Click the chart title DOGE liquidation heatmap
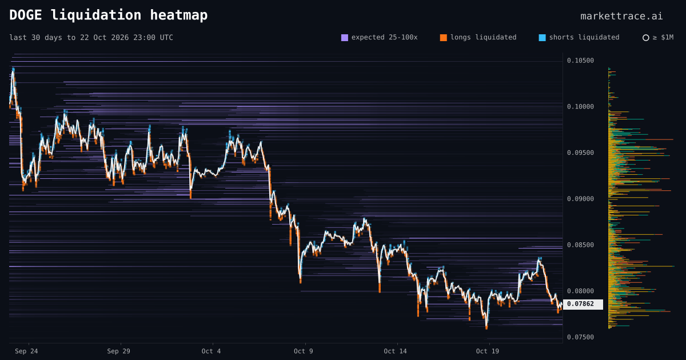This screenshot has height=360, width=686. pyautogui.click(x=109, y=15)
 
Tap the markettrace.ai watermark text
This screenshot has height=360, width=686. pyautogui.click(x=621, y=16)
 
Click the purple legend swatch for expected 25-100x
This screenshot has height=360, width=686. pyautogui.click(x=345, y=38)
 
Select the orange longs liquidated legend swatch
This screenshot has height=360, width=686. pyautogui.click(x=443, y=38)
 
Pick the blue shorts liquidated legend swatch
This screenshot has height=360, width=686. pyautogui.click(x=542, y=38)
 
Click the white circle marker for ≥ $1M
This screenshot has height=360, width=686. pyautogui.click(x=645, y=38)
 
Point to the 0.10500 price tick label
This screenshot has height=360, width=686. pyautogui.click(x=580, y=61)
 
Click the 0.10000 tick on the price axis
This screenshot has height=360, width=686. pyautogui.click(x=580, y=106)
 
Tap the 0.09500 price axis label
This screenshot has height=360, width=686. pyautogui.click(x=580, y=153)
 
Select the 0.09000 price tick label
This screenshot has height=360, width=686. pyautogui.click(x=580, y=199)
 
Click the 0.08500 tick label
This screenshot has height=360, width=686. pyautogui.click(x=580, y=245)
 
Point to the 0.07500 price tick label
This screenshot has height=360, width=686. pyautogui.click(x=580, y=337)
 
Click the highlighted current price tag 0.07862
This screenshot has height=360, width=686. pyautogui.click(x=583, y=304)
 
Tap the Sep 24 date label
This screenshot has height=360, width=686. pyautogui.click(x=26, y=351)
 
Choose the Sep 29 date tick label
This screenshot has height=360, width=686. pyautogui.click(x=118, y=351)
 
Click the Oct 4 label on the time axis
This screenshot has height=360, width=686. pyautogui.click(x=211, y=351)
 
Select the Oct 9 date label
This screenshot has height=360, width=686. pyautogui.click(x=303, y=351)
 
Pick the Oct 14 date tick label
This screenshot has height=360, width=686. pyautogui.click(x=395, y=351)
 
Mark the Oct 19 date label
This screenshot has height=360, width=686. pyautogui.click(x=487, y=351)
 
